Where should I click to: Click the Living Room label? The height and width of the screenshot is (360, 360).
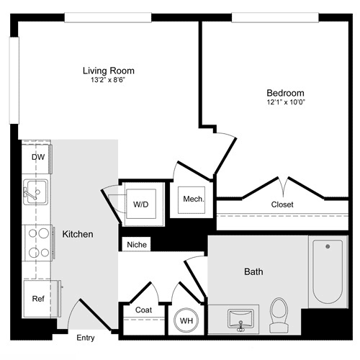pos(108,71)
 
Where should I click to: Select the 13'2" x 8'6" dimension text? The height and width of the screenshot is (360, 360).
pos(108,81)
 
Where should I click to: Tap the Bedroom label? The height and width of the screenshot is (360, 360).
pos(285,93)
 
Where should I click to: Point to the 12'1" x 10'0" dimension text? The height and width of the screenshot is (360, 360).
pos(285,103)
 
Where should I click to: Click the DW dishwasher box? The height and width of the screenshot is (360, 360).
pos(37,158)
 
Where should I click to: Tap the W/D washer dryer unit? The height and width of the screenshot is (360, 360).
pos(140,204)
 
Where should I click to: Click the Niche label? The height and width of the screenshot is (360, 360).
pos(137,245)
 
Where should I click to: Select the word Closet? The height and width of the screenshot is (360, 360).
pos(282,204)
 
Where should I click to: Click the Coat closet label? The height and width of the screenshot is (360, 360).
pos(143,310)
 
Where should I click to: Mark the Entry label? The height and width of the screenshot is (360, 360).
pos(85,336)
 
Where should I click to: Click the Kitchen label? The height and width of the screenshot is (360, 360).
pos(78,235)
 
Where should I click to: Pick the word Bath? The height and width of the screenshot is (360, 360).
pos(253,272)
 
